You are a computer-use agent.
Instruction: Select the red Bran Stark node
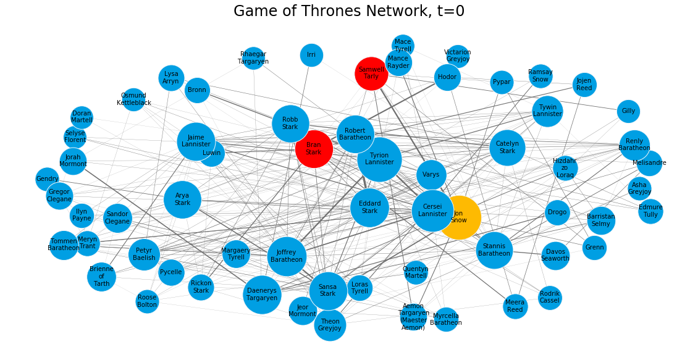(314, 149)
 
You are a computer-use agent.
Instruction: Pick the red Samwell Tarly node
(371, 73)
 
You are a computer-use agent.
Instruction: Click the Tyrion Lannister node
(379, 159)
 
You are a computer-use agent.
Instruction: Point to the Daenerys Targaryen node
(262, 294)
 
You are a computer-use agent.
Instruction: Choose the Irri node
(311, 55)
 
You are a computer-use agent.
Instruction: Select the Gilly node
(628, 111)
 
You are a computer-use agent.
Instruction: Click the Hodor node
(447, 77)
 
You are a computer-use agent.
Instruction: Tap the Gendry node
(47, 179)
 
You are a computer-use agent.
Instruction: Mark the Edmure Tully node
(650, 211)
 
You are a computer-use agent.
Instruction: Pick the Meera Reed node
(515, 306)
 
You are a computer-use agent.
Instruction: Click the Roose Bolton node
(147, 301)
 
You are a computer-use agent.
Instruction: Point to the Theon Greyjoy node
(330, 325)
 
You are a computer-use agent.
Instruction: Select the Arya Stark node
(183, 199)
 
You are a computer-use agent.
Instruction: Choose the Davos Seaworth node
(555, 255)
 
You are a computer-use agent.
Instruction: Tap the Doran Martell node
(82, 117)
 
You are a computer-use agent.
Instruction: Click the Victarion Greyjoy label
(458, 56)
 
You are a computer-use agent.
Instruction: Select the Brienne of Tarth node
(101, 277)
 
